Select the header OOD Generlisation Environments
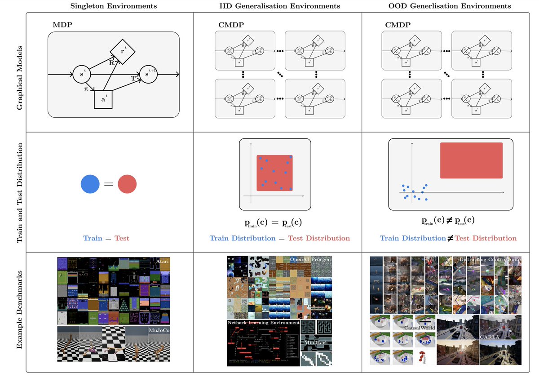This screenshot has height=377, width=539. [450, 6]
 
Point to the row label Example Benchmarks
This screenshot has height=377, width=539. [20, 311]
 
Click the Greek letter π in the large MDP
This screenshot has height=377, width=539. [86, 90]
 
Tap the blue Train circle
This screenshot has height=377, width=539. [90, 184]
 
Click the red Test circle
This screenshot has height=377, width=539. [127, 184]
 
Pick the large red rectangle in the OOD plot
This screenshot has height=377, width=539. [471, 160]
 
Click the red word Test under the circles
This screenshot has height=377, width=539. [122, 238]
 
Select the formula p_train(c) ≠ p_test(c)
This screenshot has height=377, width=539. [447, 221]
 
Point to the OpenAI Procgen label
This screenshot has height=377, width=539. [310, 260]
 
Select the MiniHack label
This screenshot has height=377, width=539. [316, 343]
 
